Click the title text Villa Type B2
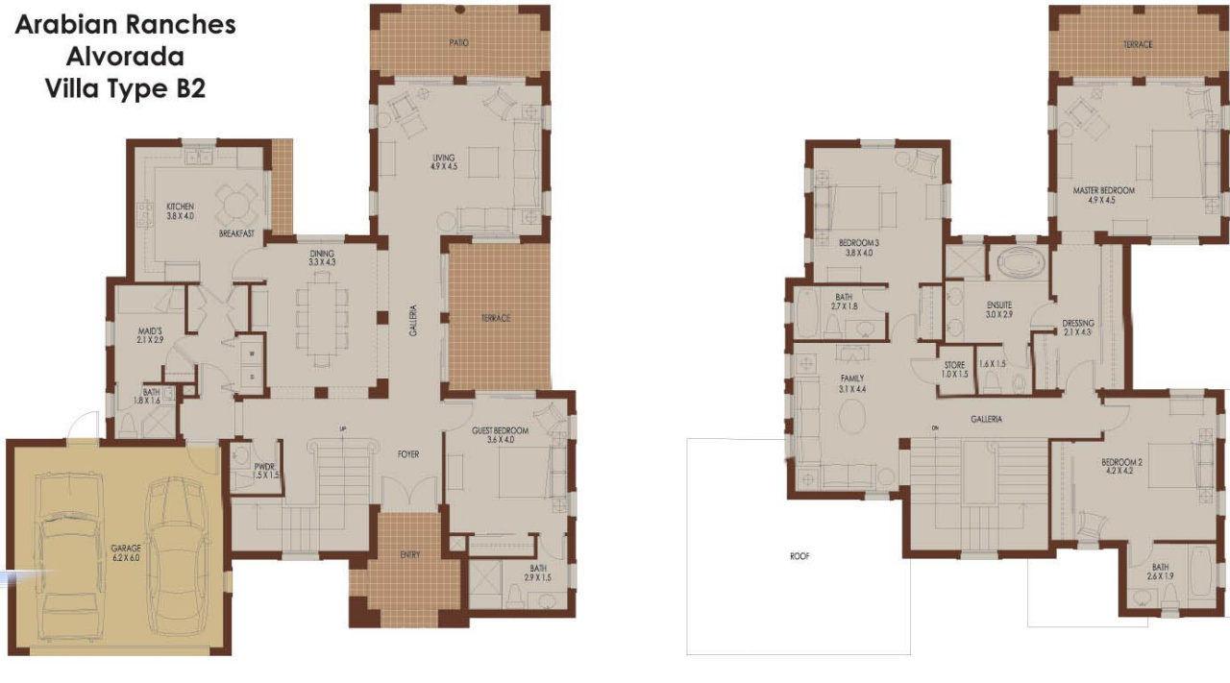coord(125,88)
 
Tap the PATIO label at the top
coord(459,43)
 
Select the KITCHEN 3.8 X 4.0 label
coord(180,210)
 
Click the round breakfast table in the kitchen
coord(235,203)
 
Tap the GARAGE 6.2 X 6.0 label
coord(126,552)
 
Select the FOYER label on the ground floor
coord(408,454)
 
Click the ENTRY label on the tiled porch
coord(410,554)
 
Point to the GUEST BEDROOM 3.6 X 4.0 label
coord(501,435)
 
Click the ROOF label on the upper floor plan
coord(799,556)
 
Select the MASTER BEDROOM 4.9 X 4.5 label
coord(1103,196)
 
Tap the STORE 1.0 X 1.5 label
coord(954,369)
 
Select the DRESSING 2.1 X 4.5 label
coord(1077,328)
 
